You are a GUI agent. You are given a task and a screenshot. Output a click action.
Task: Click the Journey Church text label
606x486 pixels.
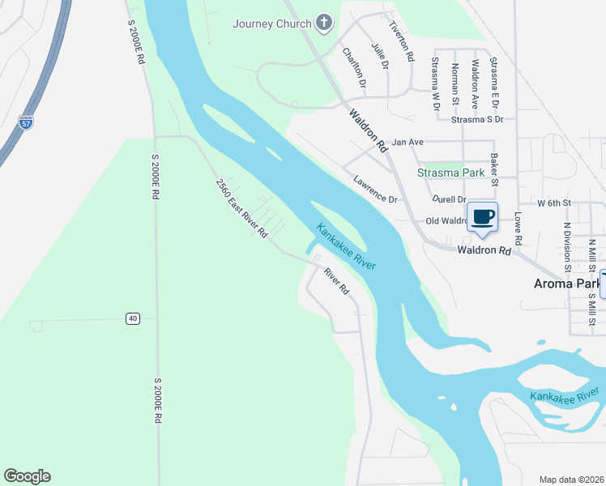click(x=271, y=23)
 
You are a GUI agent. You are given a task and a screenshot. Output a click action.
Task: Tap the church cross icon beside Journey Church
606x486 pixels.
click(x=324, y=23)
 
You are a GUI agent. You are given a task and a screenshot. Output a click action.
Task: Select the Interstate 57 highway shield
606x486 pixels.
click(x=26, y=123)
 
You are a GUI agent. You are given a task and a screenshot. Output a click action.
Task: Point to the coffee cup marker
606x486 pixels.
click(x=483, y=217)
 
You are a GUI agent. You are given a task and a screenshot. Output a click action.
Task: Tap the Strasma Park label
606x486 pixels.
click(x=450, y=173)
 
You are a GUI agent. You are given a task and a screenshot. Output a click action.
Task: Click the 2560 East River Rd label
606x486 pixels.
click(x=241, y=208)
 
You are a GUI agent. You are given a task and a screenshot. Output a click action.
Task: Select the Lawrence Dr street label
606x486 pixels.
click(x=374, y=189)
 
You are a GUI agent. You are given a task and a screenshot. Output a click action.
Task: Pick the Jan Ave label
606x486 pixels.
click(x=408, y=142)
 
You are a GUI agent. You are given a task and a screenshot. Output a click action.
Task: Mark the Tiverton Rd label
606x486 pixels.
click(x=403, y=41)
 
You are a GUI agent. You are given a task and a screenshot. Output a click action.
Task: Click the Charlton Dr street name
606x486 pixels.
click(x=354, y=67)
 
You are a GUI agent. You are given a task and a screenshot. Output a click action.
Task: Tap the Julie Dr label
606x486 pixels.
click(x=380, y=56)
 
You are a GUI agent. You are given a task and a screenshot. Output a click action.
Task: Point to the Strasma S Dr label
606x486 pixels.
click(x=477, y=119)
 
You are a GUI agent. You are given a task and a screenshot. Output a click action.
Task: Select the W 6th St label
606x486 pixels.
click(x=554, y=202)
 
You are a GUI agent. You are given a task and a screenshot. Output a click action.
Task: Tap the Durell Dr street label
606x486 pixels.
click(x=450, y=199)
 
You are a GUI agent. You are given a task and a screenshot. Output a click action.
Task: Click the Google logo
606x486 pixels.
click(x=27, y=476)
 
